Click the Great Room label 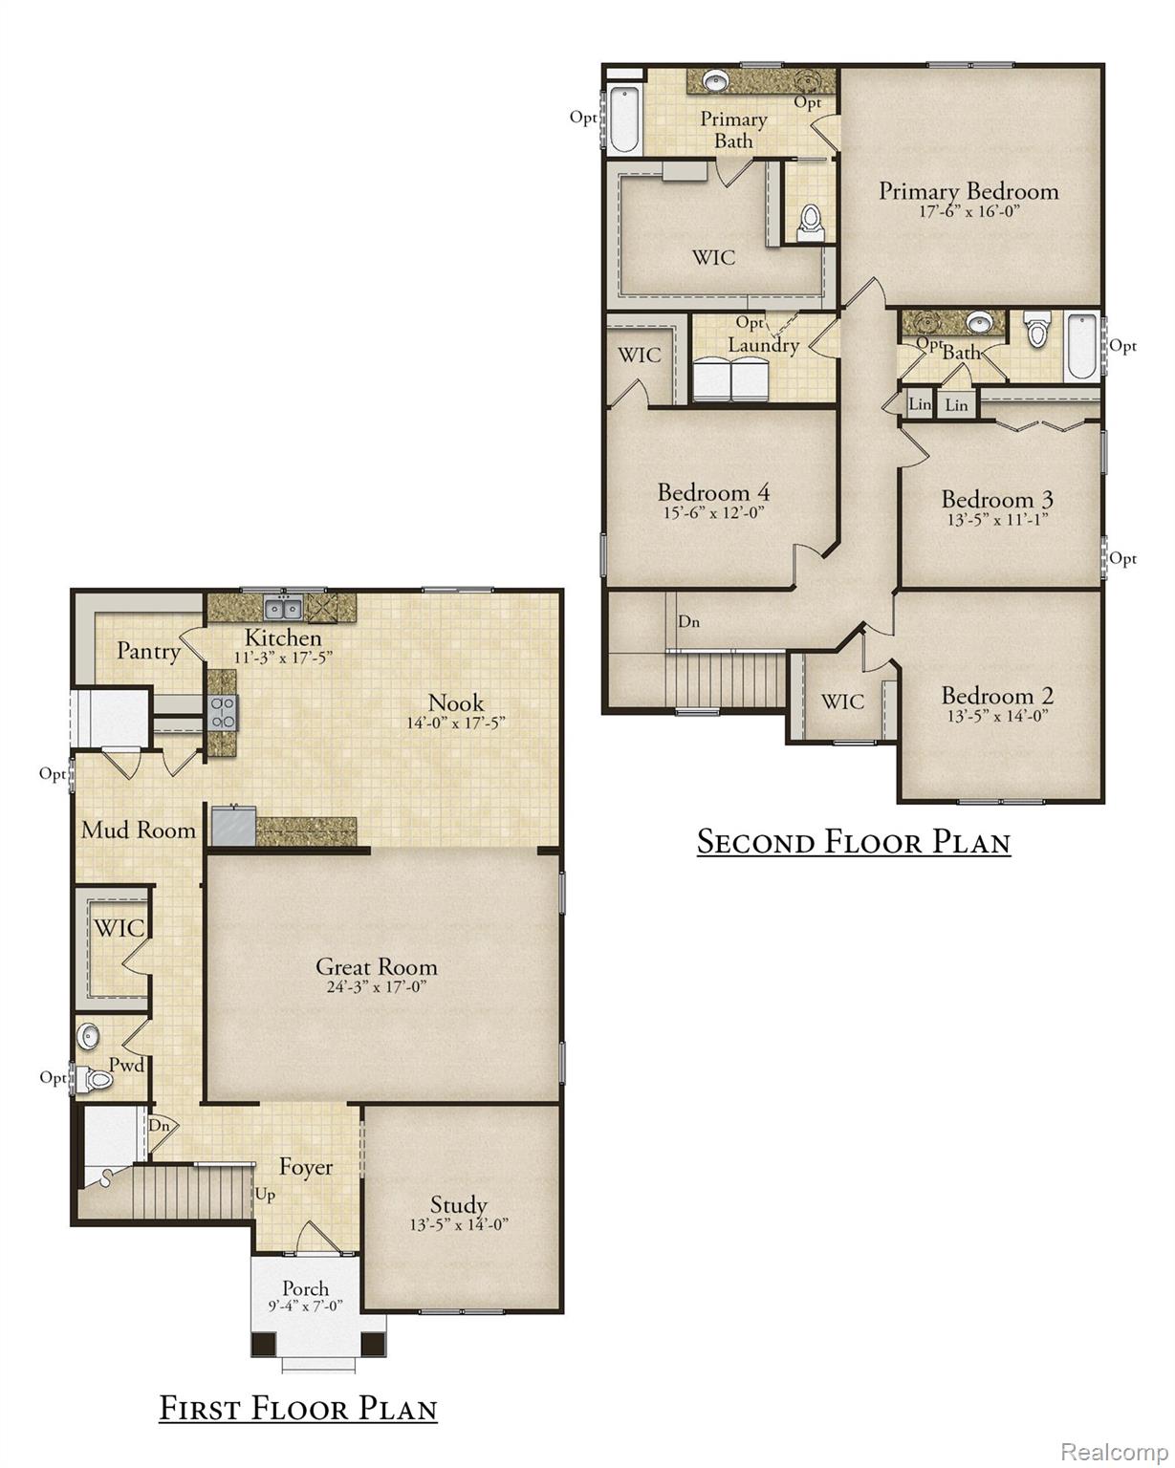point(376,966)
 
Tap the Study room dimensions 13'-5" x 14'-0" point(459,1224)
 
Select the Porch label point(305,1288)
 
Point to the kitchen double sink point(283,607)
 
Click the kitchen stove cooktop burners point(223,712)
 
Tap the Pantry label point(149,651)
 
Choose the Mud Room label point(139,830)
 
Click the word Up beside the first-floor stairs point(266,1195)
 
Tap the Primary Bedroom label point(968,191)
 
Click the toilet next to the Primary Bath point(811,223)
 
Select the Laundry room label point(763,344)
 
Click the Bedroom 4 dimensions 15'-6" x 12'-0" point(714,512)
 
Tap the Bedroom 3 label point(997,499)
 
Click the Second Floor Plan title point(854,842)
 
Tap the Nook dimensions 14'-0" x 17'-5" point(456,723)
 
